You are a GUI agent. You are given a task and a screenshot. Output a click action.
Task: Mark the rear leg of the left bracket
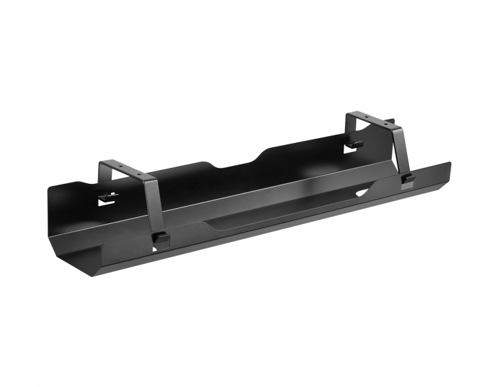click(102, 181)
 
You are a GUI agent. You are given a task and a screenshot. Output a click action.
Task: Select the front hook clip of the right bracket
click(407, 180)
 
